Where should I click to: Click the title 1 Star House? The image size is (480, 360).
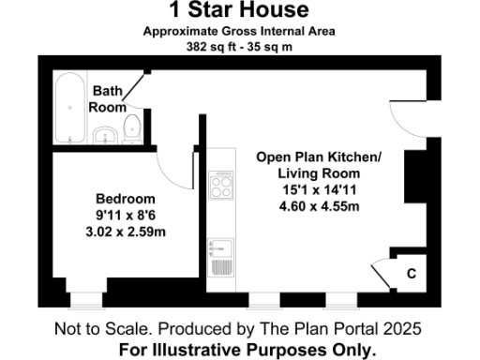238,10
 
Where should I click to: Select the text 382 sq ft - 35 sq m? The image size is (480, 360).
238,45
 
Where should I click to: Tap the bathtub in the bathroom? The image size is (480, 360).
69,109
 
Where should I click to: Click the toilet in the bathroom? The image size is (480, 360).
132,130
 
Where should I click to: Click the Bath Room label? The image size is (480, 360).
107,98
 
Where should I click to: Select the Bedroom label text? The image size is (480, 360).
126,199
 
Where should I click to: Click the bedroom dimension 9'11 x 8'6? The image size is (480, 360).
126,215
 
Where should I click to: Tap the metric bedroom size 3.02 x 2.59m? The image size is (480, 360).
126,231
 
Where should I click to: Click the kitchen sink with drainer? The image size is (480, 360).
222,256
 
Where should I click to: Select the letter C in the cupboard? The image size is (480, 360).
411,273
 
